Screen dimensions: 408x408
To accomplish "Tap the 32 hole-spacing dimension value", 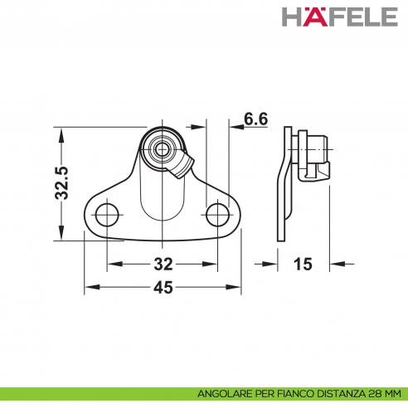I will (163, 265).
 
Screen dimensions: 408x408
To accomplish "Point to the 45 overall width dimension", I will (163, 288).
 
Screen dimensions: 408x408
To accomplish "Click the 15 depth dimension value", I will (303, 265).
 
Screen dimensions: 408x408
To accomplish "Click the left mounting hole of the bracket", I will (106, 216).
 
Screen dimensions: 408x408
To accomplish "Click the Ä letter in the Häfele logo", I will (319, 17).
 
